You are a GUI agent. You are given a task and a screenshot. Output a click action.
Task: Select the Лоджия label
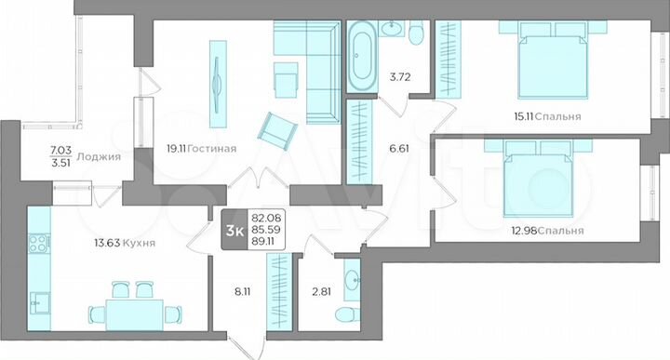pyautogui.click(x=100, y=157)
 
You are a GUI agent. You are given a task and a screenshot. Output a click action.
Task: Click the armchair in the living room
pyautogui.click(x=275, y=128)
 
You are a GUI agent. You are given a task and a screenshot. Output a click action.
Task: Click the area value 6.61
pyautogui.click(x=398, y=147)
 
